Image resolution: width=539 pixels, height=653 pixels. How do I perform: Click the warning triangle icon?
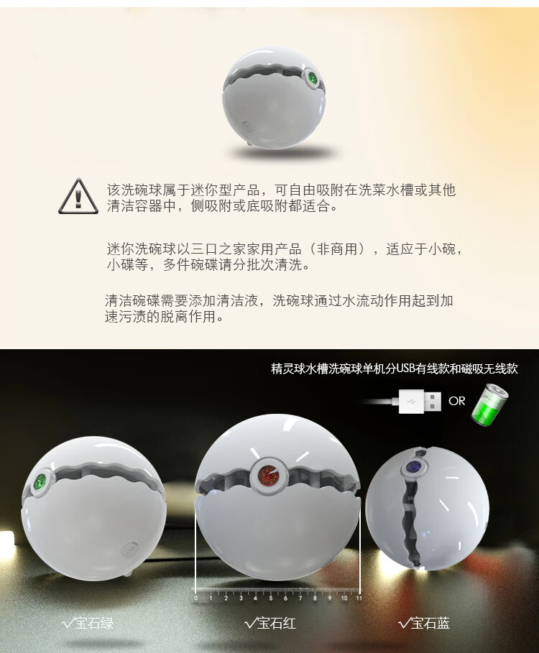[78, 197]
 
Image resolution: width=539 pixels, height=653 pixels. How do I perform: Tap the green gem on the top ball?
[312, 78]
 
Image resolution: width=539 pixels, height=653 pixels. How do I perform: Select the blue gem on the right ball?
[415, 466]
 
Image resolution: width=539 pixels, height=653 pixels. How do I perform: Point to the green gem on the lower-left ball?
[41, 482]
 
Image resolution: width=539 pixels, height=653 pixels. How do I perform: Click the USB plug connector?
[420, 401]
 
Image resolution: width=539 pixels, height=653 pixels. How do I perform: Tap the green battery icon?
[490, 405]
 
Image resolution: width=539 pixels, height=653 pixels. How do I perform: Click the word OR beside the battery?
[456, 401]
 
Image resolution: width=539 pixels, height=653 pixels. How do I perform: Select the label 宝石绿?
[94, 623]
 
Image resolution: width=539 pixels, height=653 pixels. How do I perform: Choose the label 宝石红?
[277, 623]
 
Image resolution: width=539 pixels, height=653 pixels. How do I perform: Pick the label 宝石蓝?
[430, 623]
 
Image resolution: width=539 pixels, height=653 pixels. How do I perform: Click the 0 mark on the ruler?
[195, 598]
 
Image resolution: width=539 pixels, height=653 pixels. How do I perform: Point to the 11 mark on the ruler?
[359, 598]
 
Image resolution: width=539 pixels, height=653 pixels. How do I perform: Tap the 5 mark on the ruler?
[270, 598]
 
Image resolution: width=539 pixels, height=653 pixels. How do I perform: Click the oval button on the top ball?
[247, 126]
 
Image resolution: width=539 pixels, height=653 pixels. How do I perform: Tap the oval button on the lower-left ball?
[130, 549]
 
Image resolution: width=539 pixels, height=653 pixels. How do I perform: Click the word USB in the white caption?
[404, 369]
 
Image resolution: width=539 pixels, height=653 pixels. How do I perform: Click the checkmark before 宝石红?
[250, 624]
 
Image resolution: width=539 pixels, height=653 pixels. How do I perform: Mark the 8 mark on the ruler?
[315, 598]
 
